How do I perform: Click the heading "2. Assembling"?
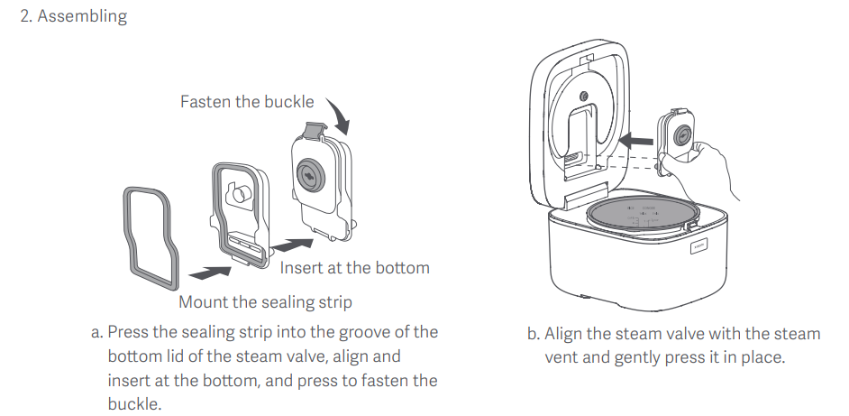tap(74, 15)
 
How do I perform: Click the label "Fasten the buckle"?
tap(247, 101)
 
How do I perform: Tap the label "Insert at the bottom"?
tap(355, 267)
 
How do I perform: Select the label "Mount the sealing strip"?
tap(265, 301)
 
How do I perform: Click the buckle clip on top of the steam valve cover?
tap(316, 130)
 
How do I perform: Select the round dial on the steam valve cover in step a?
tap(311, 175)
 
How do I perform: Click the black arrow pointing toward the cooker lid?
tap(635, 141)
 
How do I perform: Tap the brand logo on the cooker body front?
tap(698, 247)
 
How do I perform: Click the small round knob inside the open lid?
tap(584, 97)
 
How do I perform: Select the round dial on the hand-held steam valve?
tap(682, 135)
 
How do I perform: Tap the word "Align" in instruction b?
tap(563, 334)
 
